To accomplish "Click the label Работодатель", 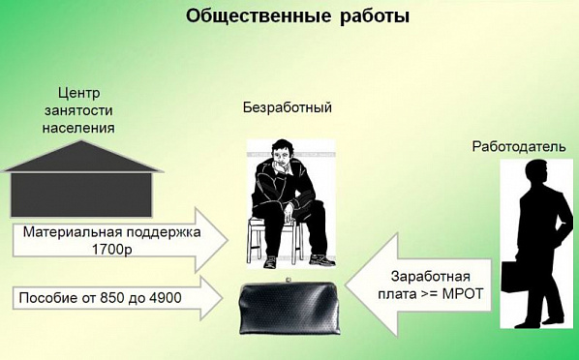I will pos(519,147).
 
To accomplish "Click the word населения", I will pos(79,128).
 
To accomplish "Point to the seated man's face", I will pos(281,157).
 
